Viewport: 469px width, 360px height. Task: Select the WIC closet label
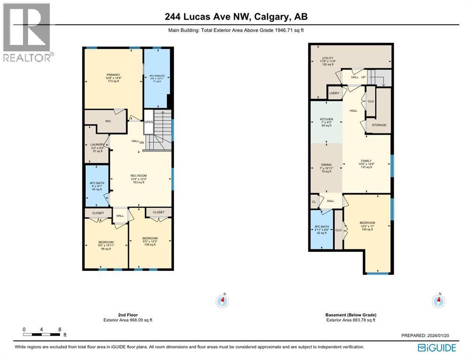107,120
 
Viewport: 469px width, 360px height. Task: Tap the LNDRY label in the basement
334,93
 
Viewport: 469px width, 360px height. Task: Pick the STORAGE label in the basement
379,125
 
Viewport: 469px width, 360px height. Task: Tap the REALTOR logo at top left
28,33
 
